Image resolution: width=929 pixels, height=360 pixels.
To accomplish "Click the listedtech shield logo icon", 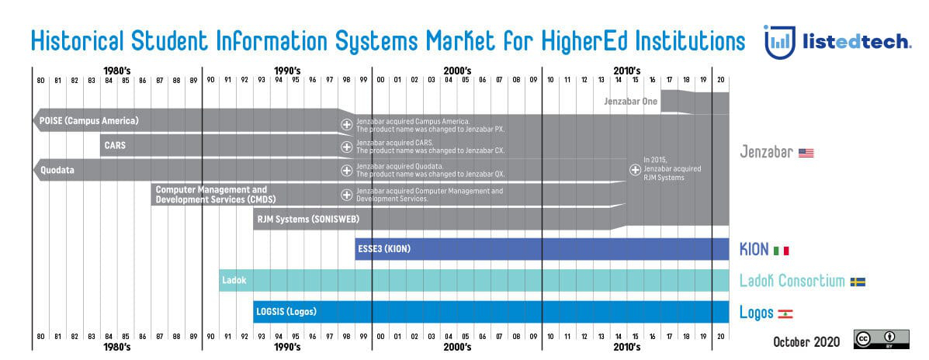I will (x=779, y=41).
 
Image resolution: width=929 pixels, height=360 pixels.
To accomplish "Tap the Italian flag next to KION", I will (x=781, y=251).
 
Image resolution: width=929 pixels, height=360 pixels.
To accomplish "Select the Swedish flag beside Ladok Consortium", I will (x=858, y=282).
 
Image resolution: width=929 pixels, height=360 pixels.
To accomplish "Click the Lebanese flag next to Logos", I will (x=785, y=313).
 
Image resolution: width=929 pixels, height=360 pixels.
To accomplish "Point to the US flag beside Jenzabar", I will (x=806, y=153).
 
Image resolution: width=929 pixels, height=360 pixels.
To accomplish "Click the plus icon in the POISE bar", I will (x=347, y=124).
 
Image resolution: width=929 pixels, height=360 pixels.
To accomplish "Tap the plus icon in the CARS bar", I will (x=347, y=147).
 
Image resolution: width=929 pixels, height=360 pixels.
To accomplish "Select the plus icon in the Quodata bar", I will (x=347, y=170).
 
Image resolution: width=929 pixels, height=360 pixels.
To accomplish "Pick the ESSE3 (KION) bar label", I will (x=383, y=249).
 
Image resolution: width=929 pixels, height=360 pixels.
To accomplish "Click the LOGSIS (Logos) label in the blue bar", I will (x=286, y=312).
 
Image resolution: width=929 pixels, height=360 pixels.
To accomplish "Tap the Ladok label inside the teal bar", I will (x=234, y=280).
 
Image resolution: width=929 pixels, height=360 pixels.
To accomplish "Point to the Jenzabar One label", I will (x=630, y=101).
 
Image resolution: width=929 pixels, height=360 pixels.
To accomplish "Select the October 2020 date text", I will (x=808, y=341).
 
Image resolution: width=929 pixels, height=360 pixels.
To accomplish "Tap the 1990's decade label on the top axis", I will (x=286, y=71).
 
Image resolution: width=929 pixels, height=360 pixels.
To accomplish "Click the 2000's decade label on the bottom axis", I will (x=456, y=347).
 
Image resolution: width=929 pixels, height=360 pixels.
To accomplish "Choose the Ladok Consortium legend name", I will (x=791, y=282).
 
